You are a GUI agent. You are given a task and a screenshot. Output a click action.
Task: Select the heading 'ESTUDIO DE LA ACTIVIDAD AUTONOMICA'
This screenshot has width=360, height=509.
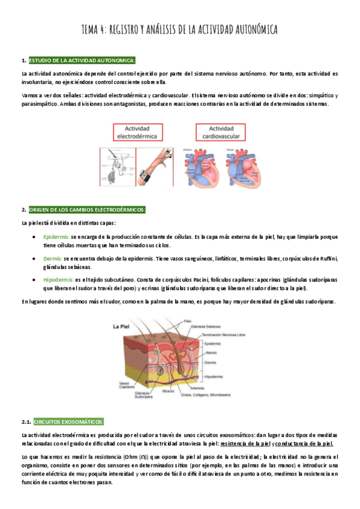[x=82, y=61]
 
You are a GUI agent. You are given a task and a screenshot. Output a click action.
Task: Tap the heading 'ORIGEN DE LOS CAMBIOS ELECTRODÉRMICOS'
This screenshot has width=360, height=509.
[x=87, y=209]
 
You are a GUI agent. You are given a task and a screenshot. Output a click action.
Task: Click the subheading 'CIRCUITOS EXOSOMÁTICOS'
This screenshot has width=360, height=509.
[x=69, y=421]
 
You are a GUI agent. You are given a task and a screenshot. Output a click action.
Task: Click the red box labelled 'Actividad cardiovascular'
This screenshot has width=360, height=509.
[x=221, y=132]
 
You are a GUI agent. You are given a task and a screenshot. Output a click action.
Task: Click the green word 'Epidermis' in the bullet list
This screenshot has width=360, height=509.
[x=56, y=237]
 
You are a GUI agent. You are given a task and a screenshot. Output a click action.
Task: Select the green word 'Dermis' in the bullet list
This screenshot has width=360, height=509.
[x=53, y=258]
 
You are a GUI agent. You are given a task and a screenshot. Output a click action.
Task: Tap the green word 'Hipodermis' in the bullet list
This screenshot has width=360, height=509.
[x=59, y=280]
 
